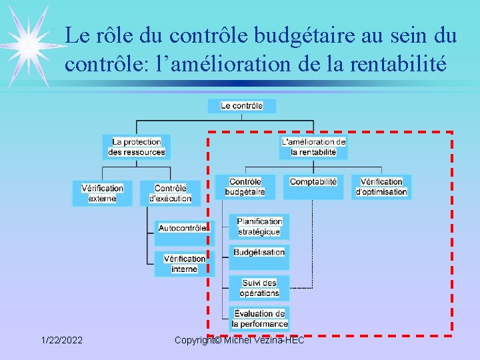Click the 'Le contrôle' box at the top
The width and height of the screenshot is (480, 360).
pos(241,105)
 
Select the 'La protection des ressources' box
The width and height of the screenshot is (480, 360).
pos(137,147)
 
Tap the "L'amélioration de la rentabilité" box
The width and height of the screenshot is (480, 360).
pos(313,147)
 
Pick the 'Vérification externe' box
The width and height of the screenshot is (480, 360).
pos(102,193)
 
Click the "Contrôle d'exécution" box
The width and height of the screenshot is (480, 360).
pos(170,193)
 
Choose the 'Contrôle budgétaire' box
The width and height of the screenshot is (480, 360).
pos(245,187)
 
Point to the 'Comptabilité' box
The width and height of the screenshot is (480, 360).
pos(313,187)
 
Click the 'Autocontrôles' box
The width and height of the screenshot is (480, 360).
pos(184,228)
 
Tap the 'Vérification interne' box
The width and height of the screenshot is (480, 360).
pos(184,263)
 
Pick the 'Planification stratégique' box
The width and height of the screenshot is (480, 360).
pos(259,227)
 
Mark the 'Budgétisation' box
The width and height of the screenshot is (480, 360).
pos(259,252)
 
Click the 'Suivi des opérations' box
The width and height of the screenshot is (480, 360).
pos(259,288)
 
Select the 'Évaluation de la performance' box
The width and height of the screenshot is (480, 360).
pos(259,319)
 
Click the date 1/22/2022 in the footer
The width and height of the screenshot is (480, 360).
pos(62,341)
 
